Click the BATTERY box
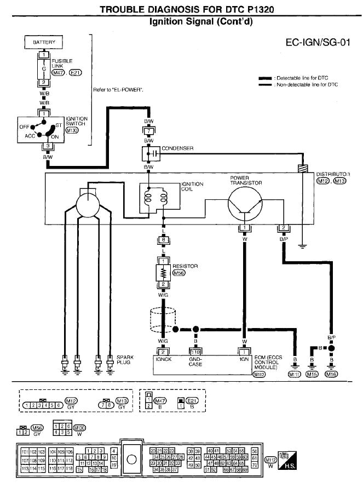point(44,42)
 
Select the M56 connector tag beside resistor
point(180,273)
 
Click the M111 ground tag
point(295,374)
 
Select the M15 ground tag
point(312,374)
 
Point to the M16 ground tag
point(331,374)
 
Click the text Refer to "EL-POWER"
point(118,89)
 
